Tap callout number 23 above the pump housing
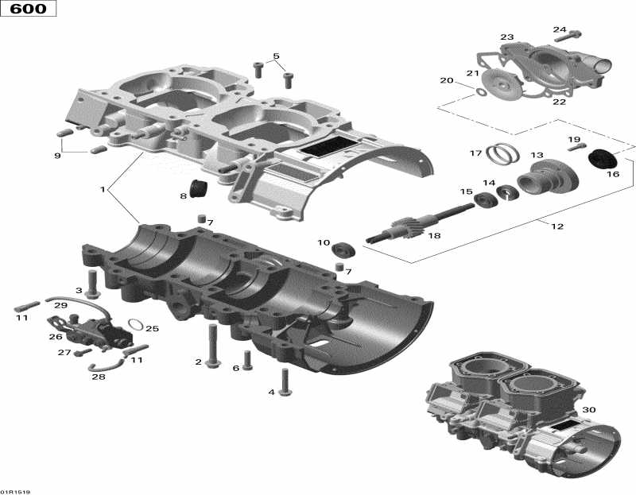[x=506, y=37]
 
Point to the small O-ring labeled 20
[x=482, y=92]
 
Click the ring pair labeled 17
[x=502, y=150]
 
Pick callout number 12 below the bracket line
[x=556, y=226]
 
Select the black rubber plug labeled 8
[x=197, y=191]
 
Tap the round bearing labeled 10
[x=344, y=249]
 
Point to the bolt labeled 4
[x=285, y=384]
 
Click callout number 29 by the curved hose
[x=60, y=305]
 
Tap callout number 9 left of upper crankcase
[x=57, y=156]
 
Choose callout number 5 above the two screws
[x=276, y=56]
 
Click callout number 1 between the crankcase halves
[x=103, y=190]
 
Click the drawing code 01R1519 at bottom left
[x=17, y=490]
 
